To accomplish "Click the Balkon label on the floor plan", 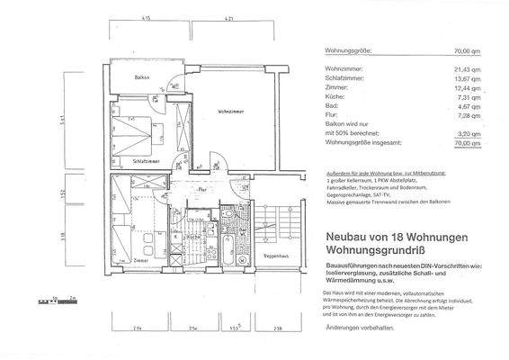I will (130, 78).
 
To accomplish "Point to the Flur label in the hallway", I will (203, 190).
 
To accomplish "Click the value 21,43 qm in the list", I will (467, 68).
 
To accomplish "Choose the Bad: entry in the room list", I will (330, 107).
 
